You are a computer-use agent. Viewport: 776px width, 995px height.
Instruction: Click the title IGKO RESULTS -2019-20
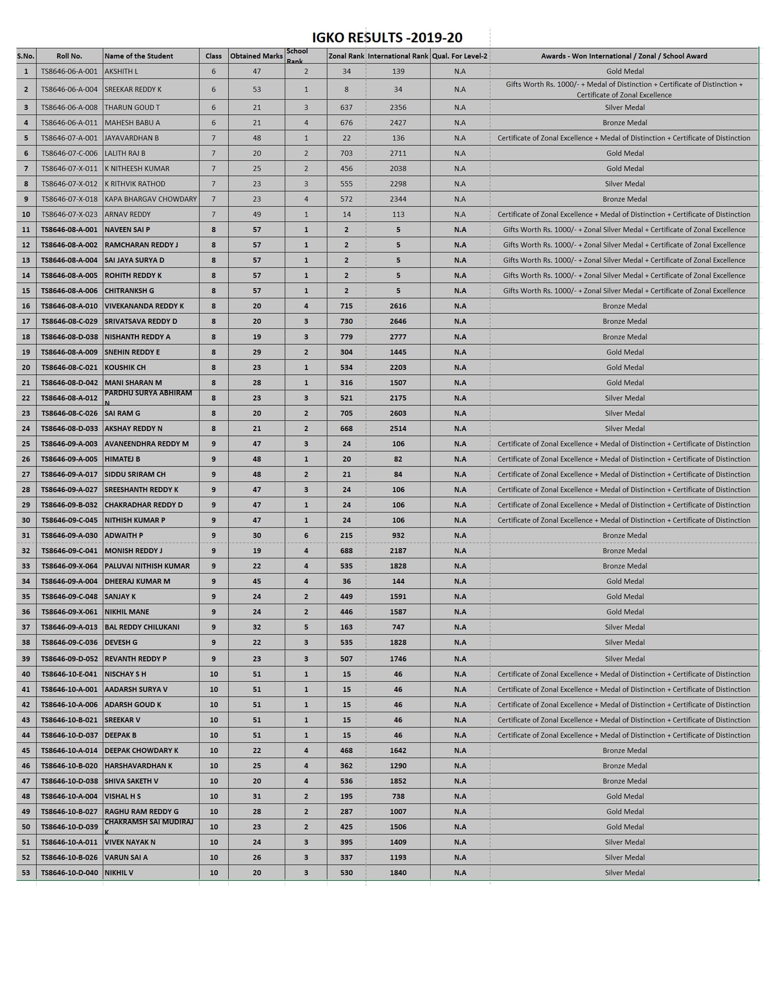coord(387,37)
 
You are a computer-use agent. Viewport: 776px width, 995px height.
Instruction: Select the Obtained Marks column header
coord(256,56)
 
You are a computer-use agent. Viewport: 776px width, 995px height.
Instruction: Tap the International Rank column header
coord(398,56)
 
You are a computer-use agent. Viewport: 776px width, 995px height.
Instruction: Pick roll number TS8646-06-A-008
coord(69,108)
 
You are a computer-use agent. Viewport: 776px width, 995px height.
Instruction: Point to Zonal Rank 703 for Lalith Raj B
coord(346,153)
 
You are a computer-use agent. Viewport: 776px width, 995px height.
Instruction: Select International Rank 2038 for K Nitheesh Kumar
coord(398,169)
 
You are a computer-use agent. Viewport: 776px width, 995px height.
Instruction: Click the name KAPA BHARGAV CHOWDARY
coord(151,199)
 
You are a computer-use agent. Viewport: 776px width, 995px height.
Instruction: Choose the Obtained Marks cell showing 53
coord(257,89)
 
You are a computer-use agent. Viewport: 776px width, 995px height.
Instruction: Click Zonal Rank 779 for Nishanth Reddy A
coord(346,337)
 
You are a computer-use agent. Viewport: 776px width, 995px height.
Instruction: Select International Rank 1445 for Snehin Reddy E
coord(398,353)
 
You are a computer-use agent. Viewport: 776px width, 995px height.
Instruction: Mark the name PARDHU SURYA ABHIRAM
coord(148,393)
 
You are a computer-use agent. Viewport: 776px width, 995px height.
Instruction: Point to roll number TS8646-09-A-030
coord(69,536)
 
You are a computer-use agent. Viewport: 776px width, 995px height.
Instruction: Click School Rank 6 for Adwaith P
coord(306,536)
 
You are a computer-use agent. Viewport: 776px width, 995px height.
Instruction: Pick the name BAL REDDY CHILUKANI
coord(142,627)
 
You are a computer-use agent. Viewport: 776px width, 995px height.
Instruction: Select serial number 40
coord(26,674)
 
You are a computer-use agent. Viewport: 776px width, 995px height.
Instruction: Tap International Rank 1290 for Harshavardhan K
coord(398,766)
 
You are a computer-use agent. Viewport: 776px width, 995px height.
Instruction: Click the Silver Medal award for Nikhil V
coord(624,873)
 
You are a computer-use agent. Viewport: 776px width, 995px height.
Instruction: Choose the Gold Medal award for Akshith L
coord(625,71)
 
